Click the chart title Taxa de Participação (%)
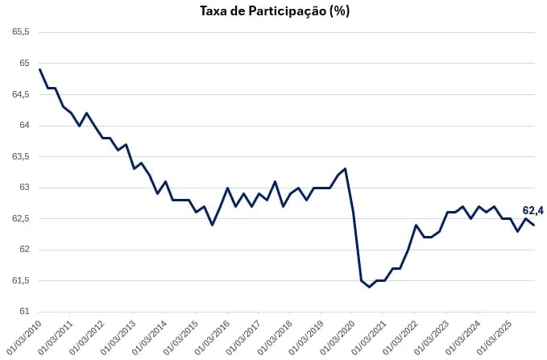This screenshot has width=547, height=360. coord(274,11)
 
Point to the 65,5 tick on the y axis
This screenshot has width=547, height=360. coord(21,32)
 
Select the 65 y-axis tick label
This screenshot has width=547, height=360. coord(24,64)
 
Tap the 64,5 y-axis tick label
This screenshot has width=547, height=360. coord(21,94)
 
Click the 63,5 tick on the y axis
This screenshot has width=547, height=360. coord(21,156)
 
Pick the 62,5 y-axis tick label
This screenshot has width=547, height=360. coord(21,218)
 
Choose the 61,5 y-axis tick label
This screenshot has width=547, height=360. coord(21,281)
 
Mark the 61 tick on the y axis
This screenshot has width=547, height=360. coord(24,312)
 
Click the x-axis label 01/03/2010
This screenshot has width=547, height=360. coord(24,337)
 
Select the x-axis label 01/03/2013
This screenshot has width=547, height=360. coord(118,337)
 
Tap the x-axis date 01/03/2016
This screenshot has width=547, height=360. coord(213,337)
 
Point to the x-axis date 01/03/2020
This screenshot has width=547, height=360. coord(338,337)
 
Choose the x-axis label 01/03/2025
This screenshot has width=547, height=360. coord(495,337)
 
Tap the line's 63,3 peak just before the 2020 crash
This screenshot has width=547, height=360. coord(345,168)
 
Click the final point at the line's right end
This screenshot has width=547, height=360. coord(534,225)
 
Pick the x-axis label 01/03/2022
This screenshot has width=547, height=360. coord(401,337)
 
